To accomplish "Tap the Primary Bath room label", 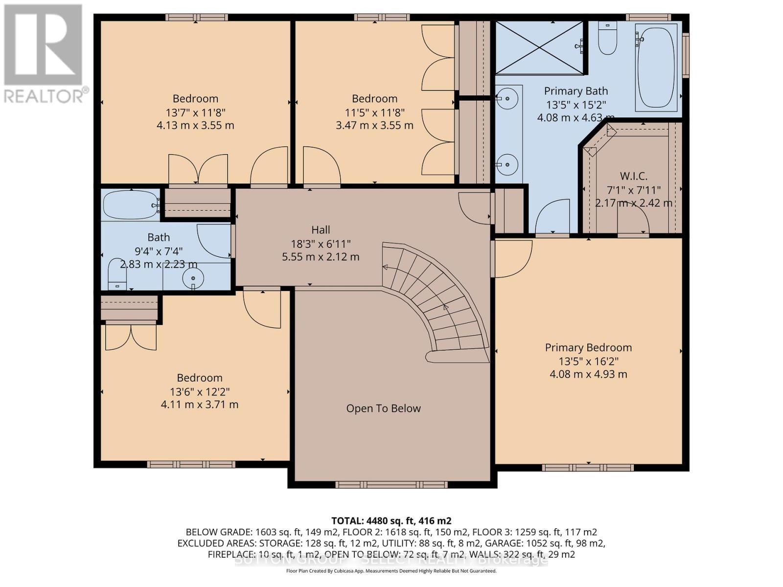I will (x=576, y=91).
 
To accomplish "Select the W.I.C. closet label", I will (x=634, y=176).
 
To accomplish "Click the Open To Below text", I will (x=383, y=408).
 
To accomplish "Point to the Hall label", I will (x=321, y=230).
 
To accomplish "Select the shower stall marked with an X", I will (x=539, y=47).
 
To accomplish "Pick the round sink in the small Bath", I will (x=193, y=279).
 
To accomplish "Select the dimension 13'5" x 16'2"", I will (x=589, y=361).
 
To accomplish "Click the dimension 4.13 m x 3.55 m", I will (x=195, y=125).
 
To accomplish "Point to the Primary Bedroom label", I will (x=588, y=348).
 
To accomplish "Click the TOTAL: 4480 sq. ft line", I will (x=391, y=521).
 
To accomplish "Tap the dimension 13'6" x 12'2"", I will (x=200, y=392).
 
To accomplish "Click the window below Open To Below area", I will (x=391, y=485).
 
